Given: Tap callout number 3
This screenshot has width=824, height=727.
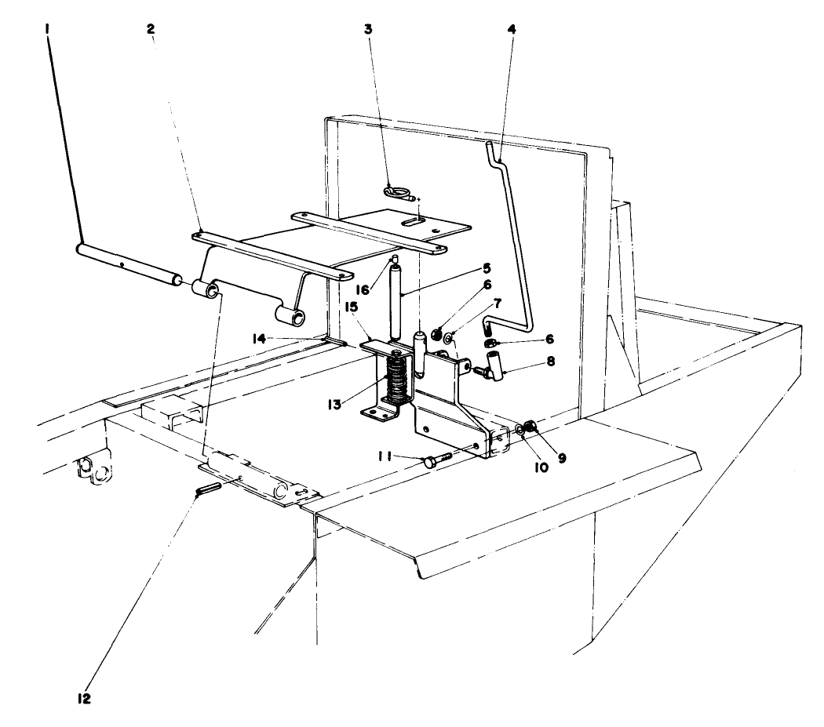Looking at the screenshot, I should (x=367, y=29).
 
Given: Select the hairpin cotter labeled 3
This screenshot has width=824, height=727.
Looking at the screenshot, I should (x=400, y=190).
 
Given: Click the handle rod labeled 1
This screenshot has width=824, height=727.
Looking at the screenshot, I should (x=126, y=260).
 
